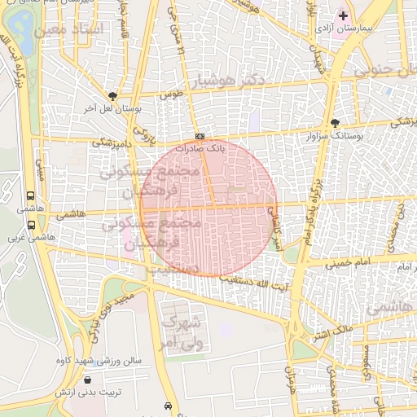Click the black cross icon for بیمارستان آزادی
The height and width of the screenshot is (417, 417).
[344, 15]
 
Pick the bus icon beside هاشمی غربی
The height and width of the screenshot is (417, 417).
[31, 225]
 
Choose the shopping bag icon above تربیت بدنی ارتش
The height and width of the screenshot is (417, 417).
[87, 380]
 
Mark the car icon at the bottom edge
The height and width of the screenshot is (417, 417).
[168, 406]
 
